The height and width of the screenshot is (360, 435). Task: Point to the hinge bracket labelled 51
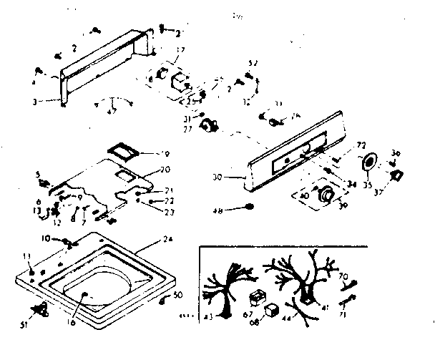(x=41, y=308)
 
